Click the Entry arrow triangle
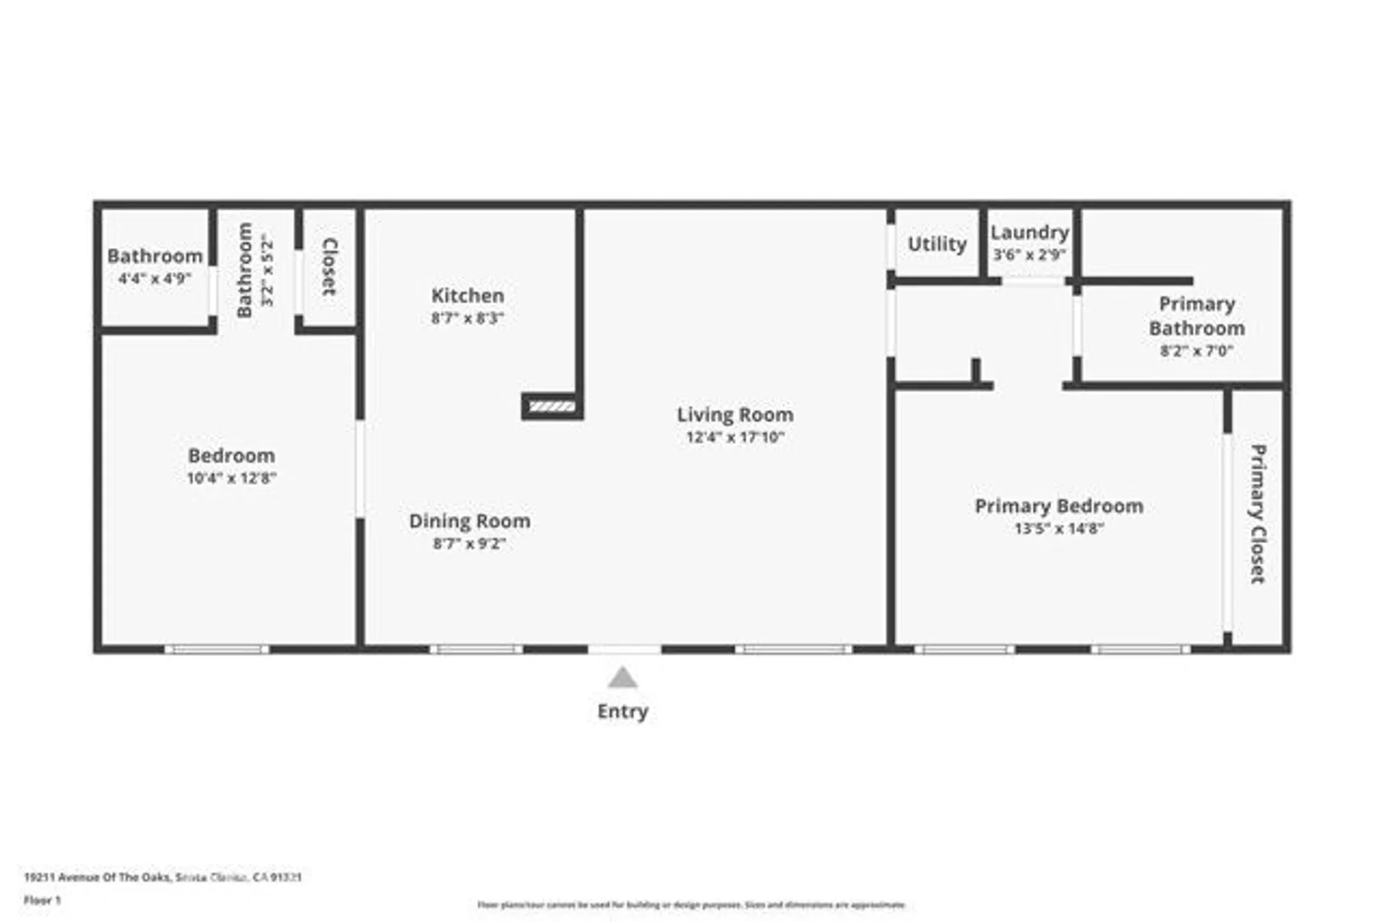pos(622,679)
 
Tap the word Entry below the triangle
pos(622,711)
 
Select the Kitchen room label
pos(467,296)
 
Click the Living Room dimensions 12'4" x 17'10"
pos(734,437)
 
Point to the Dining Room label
pos(470,521)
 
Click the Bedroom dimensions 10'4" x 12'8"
pos(231,478)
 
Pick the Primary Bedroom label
pos(1059,506)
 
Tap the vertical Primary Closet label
pos(1258,514)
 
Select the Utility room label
pos(936,244)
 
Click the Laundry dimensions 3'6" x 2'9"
pos(1029,254)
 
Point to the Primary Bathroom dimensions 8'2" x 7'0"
pos(1196,350)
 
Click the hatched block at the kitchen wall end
pos(552,406)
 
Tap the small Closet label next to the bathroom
pos(330,267)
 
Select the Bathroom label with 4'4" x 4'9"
pos(155,256)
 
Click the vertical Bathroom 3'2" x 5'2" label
pos(245,270)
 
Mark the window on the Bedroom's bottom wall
pos(216,649)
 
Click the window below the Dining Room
pos(476,649)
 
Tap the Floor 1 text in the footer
pos(42,900)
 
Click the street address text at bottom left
pos(163,877)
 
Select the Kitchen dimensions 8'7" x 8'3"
pos(467,318)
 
